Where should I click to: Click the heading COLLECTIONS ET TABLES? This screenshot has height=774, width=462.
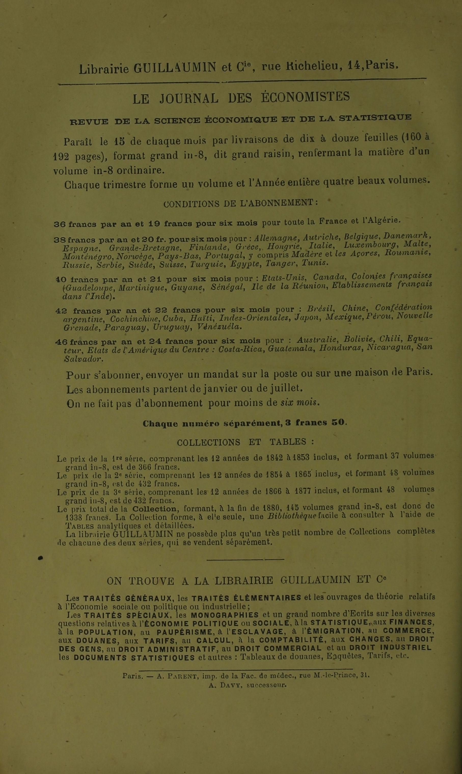click(x=245, y=442)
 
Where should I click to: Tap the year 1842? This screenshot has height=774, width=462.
click(x=275, y=457)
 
